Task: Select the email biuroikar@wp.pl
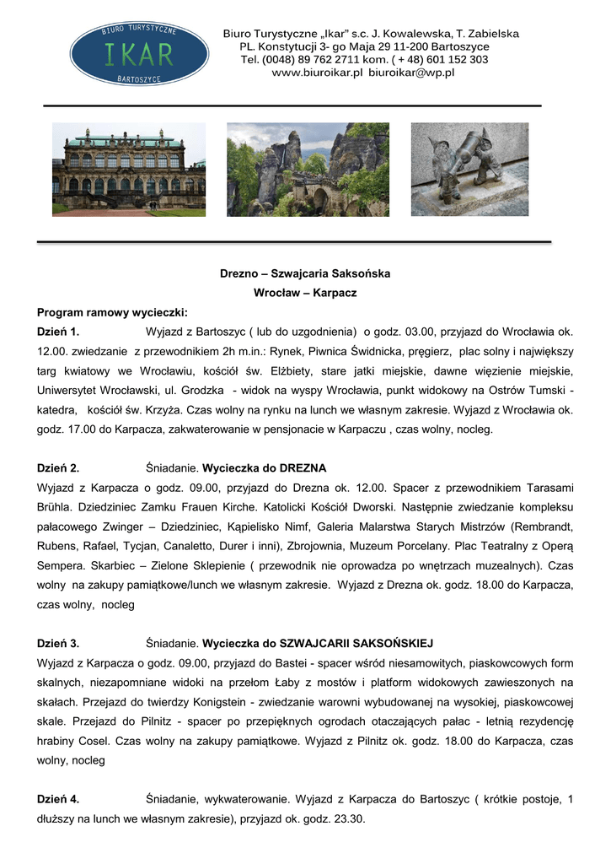[410, 73]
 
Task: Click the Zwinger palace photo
[128, 170]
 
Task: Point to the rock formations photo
[308, 170]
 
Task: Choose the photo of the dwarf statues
[469, 169]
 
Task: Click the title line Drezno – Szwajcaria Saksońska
[305, 274]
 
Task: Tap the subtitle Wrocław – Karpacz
[305, 293]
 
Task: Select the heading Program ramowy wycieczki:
[112, 311]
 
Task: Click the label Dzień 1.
[58, 331]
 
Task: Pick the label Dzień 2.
[58, 467]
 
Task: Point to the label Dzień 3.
[58, 643]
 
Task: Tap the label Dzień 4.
[58, 798]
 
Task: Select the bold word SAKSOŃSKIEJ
[393, 643]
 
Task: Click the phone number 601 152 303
[457, 60]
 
